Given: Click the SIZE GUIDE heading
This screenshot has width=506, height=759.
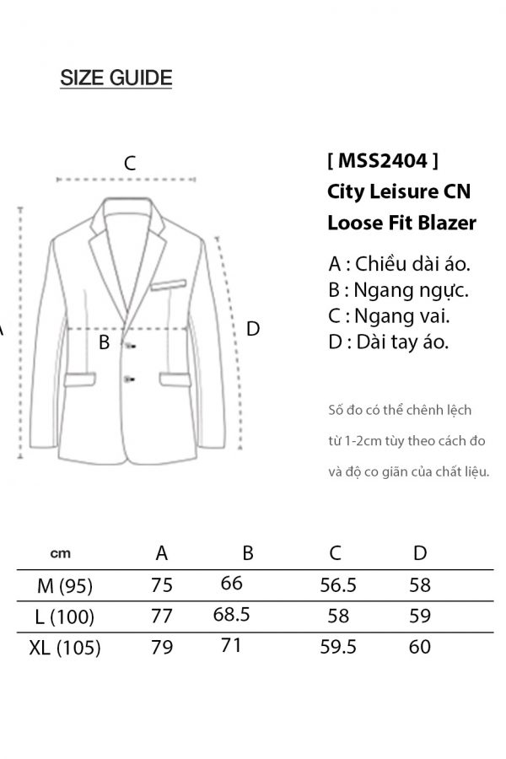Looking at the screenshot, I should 116,78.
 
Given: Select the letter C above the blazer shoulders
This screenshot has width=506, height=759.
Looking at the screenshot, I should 130,164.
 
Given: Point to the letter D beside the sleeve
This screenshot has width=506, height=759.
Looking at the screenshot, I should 252,329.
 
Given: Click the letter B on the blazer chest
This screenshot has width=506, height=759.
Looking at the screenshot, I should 105,342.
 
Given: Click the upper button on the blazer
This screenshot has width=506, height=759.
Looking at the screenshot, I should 130,343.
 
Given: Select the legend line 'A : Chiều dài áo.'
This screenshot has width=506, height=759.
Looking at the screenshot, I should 399,263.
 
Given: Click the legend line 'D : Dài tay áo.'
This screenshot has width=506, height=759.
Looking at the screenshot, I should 388,342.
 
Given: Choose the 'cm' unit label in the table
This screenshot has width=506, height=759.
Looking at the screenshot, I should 61,554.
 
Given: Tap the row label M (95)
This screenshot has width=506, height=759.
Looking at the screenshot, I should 65,585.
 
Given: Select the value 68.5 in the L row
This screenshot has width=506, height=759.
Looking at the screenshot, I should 232,614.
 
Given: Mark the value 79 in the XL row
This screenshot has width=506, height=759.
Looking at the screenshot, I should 162,648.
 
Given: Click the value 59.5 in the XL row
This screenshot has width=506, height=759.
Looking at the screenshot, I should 337,647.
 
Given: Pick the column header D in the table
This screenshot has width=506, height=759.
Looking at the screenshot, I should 420,553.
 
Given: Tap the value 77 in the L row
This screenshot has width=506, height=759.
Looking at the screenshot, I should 161,616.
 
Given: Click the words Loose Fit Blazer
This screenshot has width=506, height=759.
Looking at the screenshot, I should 401,223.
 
